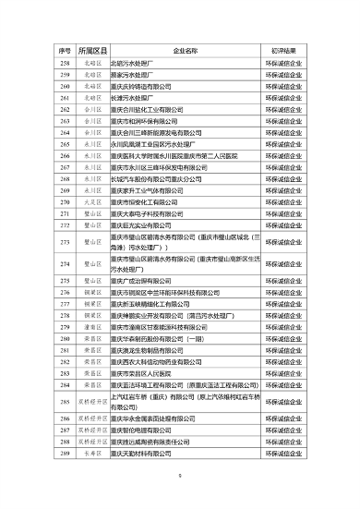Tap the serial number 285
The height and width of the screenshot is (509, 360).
click(x=65, y=403)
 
